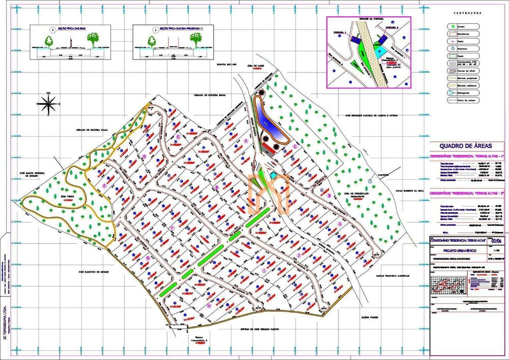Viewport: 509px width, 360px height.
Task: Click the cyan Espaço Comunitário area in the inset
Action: pos(377,50)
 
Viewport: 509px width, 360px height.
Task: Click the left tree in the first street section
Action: pos(50,39)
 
